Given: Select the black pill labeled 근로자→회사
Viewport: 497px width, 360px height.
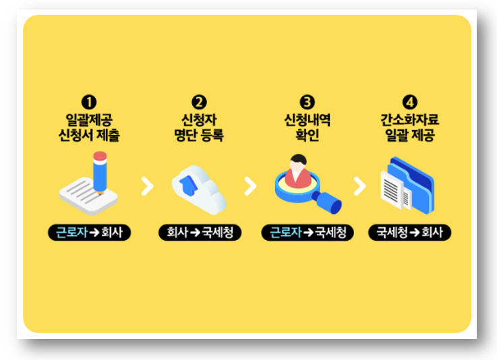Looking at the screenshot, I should click(x=90, y=233).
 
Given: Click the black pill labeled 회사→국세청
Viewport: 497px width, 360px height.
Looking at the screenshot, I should click(x=199, y=233).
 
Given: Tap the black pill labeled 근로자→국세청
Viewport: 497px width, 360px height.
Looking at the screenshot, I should click(x=308, y=233).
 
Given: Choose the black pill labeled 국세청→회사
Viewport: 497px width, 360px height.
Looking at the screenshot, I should click(x=410, y=233).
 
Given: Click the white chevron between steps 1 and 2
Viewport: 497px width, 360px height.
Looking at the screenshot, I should click(x=146, y=186).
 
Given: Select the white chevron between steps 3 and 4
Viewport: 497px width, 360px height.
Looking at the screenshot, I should click(x=359, y=186).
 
